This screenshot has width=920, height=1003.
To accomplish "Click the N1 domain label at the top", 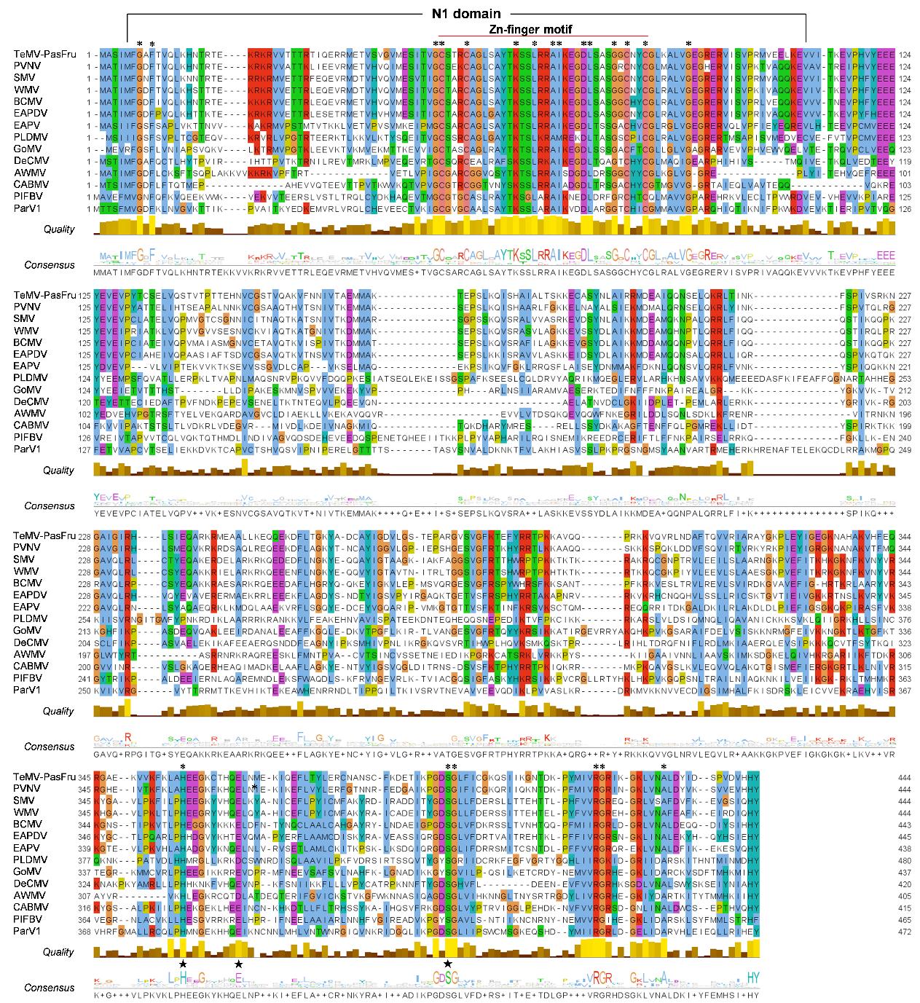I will [x=466, y=15].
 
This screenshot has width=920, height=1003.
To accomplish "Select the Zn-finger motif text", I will [x=539, y=29].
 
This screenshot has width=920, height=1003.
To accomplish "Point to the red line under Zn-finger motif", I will [x=543, y=36].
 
